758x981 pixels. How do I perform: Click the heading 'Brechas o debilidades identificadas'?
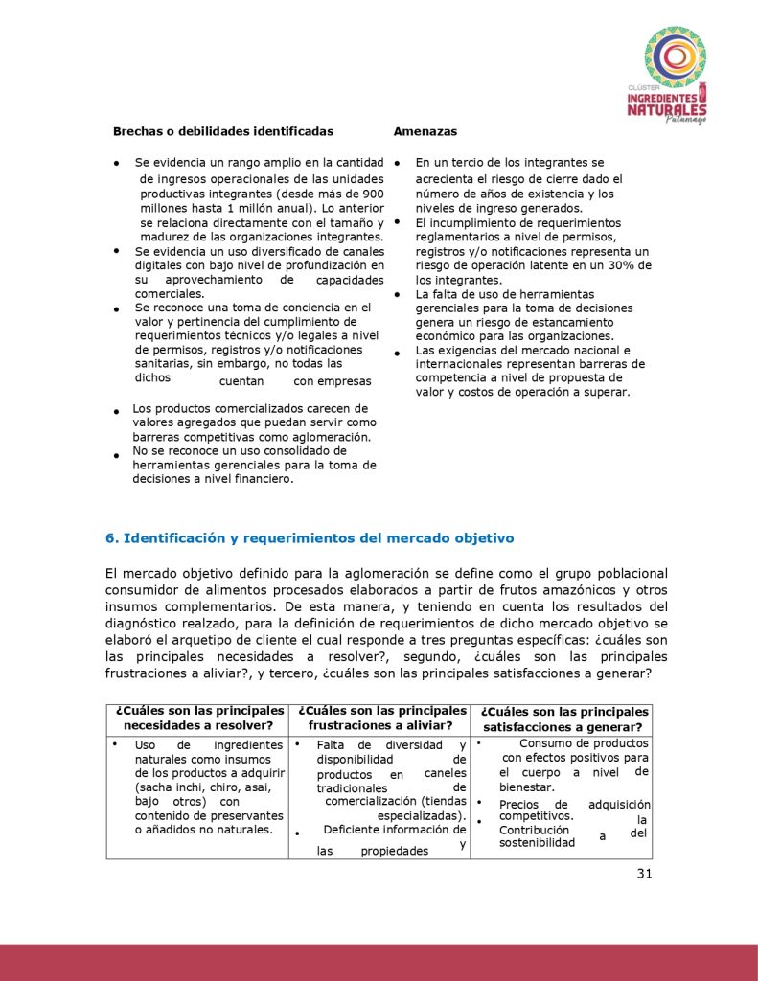223,130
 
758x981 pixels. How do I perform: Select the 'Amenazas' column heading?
425,130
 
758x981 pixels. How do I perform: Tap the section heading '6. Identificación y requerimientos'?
310,537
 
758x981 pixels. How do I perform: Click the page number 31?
642,873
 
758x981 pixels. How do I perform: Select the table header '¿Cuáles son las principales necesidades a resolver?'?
199,719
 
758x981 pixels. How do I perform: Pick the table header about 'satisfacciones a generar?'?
564,719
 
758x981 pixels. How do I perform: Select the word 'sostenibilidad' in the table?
537,843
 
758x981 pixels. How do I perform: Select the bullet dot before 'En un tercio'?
397,165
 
